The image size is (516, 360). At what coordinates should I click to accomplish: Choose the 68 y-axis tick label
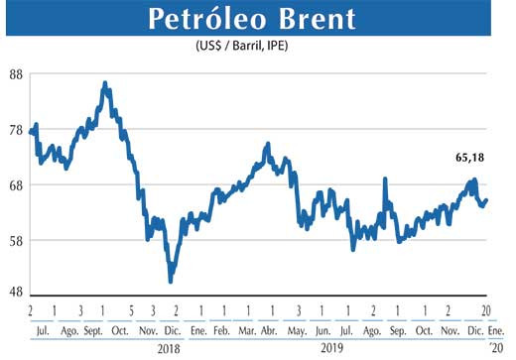point(17,186)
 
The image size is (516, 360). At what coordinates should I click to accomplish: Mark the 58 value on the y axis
point(17,241)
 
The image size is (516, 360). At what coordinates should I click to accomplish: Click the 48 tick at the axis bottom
point(17,295)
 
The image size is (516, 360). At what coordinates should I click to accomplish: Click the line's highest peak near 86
point(105,84)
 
